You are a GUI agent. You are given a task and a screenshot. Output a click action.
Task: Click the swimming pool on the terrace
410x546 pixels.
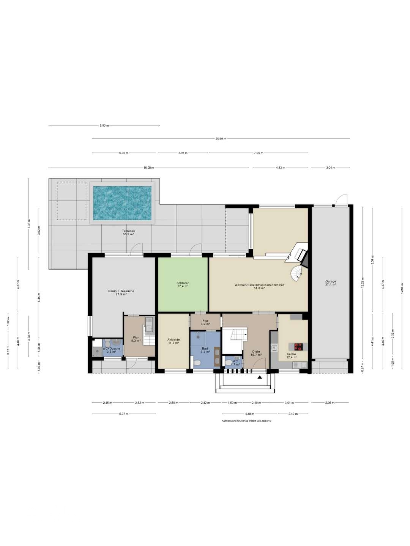(x=122, y=203)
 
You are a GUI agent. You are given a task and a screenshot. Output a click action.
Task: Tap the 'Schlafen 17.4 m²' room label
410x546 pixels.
(x=183, y=284)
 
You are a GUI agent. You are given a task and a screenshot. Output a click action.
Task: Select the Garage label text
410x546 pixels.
(x=330, y=283)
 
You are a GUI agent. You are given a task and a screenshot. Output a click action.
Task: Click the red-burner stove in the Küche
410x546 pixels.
(x=298, y=347)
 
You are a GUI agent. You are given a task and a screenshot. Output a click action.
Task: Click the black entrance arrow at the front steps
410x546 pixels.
(x=260, y=377)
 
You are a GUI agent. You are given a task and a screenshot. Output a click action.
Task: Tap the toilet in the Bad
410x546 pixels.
(x=197, y=363)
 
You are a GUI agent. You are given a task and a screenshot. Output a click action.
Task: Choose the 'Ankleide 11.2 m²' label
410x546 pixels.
(x=173, y=341)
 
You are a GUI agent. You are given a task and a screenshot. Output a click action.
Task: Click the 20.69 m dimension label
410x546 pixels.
(x=221, y=139)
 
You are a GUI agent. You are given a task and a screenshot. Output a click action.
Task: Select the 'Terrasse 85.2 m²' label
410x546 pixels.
(x=128, y=232)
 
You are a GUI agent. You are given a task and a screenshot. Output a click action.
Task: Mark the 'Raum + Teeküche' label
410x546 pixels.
(x=121, y=292)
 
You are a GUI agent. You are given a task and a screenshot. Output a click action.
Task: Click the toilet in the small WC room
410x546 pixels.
(x=228, y=363)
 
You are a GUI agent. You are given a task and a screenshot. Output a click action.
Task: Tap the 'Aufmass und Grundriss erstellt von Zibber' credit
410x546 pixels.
(x=246, y=421)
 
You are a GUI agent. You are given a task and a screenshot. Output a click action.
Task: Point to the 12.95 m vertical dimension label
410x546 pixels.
(x=402, y=289)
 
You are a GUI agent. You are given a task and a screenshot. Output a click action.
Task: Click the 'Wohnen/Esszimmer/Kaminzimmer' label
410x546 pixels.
(x=259, y=286)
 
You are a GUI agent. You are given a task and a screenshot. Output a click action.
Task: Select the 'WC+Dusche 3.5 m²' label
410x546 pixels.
(x=111, y=350)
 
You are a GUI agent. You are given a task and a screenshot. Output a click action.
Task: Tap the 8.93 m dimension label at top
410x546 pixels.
(x=104, y=126)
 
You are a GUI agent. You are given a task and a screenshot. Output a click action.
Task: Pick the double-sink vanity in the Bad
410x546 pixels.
(x=217, y=356)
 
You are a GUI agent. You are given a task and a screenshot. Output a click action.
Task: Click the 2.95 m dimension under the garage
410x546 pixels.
(x=330, y=403)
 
